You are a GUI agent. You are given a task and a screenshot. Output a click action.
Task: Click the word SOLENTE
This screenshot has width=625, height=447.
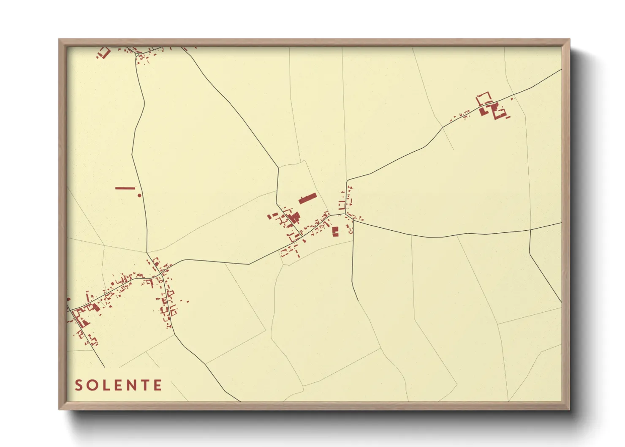pyautogui.click(x=118, y=385)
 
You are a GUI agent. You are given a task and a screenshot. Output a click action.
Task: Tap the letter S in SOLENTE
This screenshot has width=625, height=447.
pyautogui.click(x=79, y=385)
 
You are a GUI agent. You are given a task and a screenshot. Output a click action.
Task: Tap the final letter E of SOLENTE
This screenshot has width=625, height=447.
pyautogui.click(x=158, y=385)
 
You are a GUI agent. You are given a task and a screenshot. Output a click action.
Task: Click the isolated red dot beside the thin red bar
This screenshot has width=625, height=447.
pyautogui.click(x=139, y=196)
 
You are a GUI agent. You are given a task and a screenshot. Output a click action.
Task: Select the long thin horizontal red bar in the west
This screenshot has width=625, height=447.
pyautogui.click(x=125, y=188)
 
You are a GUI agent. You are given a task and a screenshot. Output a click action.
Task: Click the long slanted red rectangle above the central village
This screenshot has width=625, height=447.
pyautogui.click(x=307, y=198)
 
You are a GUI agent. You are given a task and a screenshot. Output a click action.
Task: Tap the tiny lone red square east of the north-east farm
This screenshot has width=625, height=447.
pyautogui.click(x=512, y=99)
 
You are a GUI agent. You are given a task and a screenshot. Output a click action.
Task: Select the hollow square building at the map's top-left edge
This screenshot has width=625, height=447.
pyautogui.click(x=104, y=53)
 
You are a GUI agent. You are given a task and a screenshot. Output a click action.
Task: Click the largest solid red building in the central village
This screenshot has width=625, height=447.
pyautogui.click(x=294, y=218)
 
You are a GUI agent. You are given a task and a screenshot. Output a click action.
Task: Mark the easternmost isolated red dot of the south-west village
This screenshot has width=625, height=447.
pyautogui.click(x=188, y=302)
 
